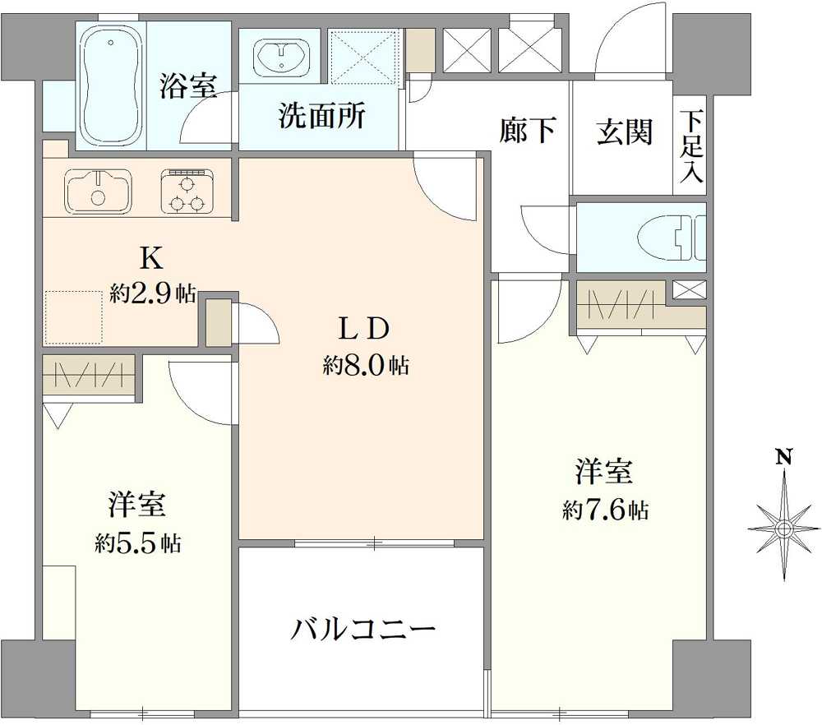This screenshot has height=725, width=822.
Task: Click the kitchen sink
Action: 98,190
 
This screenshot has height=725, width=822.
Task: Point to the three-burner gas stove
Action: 187,192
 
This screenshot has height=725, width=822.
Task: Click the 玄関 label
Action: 624,132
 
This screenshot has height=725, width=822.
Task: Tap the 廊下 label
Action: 527,130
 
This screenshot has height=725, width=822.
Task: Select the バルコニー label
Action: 363,630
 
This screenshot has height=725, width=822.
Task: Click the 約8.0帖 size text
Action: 365,366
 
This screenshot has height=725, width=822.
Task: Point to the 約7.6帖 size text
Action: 605,510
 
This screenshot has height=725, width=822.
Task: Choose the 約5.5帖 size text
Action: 137,543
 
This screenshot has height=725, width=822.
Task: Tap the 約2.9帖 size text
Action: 153,293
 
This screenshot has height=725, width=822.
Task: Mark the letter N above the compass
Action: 785,457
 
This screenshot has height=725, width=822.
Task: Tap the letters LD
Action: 364,329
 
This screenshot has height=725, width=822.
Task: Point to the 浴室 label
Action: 188,86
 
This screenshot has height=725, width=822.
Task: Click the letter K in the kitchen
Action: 150,258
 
